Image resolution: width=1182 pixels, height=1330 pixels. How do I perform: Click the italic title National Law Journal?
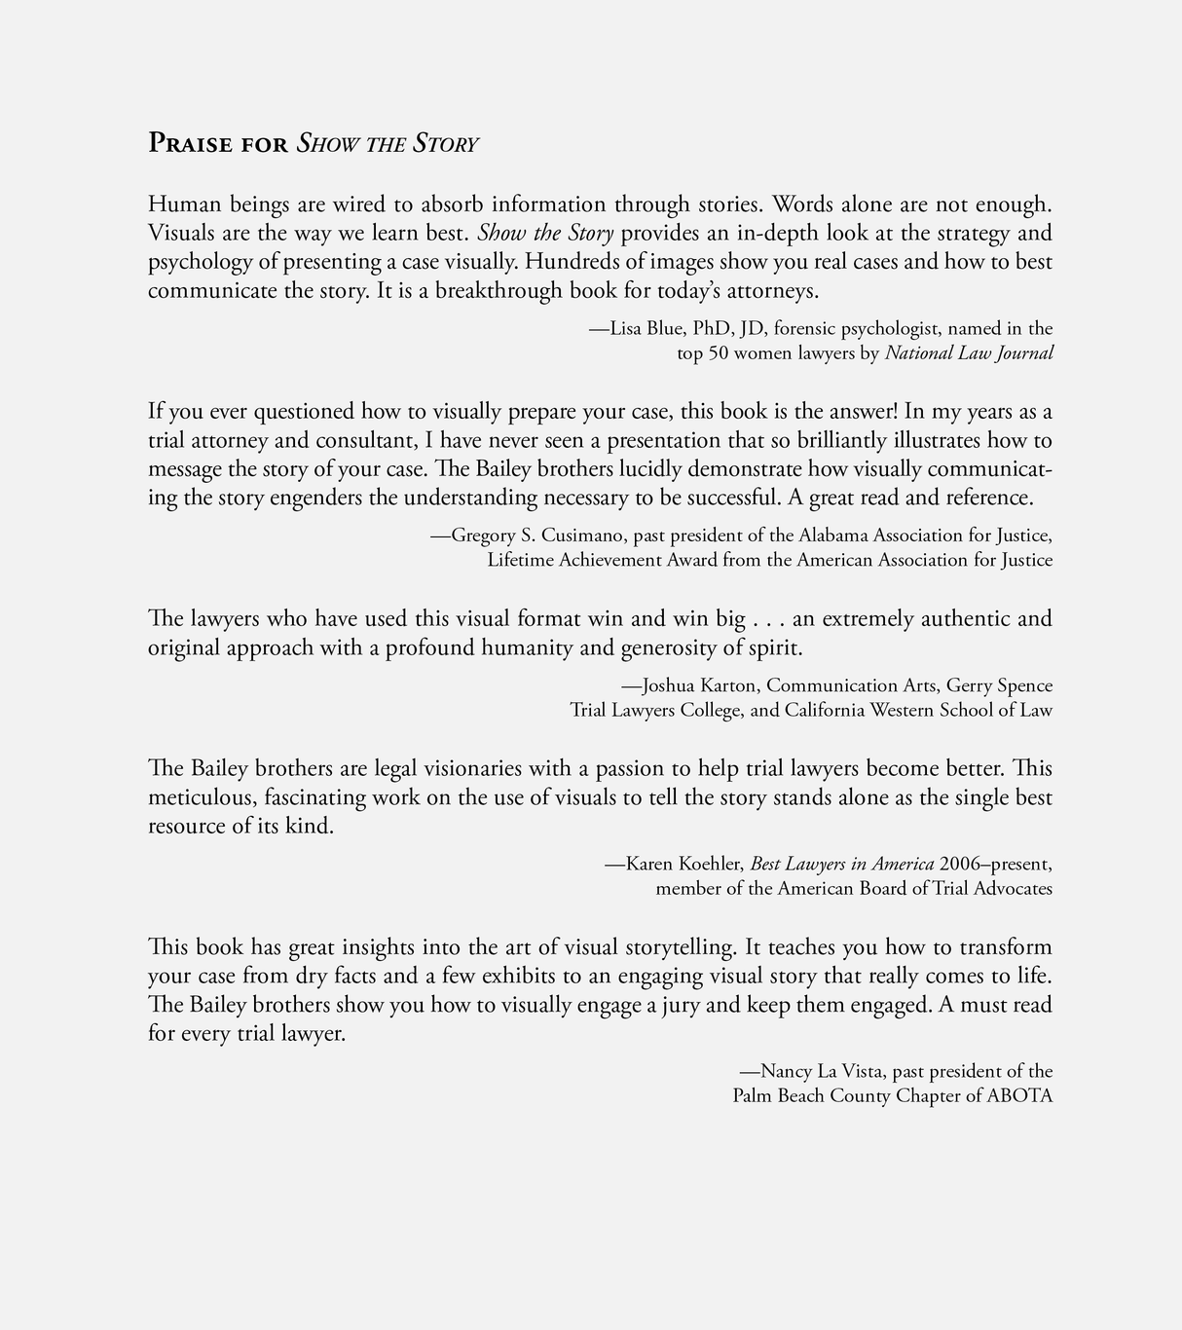pos(968,353)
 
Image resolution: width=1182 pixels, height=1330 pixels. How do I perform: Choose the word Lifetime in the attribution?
pos(519,560)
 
